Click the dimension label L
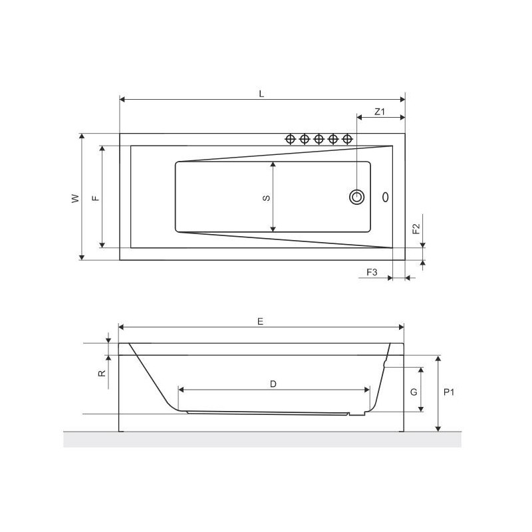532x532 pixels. click(261, 94)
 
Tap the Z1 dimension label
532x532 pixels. click(380, 112)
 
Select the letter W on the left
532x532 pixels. click(75, 198)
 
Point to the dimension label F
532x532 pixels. click(96, 198)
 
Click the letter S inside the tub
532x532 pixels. click(267, 198)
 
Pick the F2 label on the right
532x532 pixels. click(416, 229)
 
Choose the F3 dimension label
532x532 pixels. click(372, 272)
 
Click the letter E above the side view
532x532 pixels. click(260, 321)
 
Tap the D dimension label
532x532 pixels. click(273, 384)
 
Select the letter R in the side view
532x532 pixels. click(102, 373)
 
